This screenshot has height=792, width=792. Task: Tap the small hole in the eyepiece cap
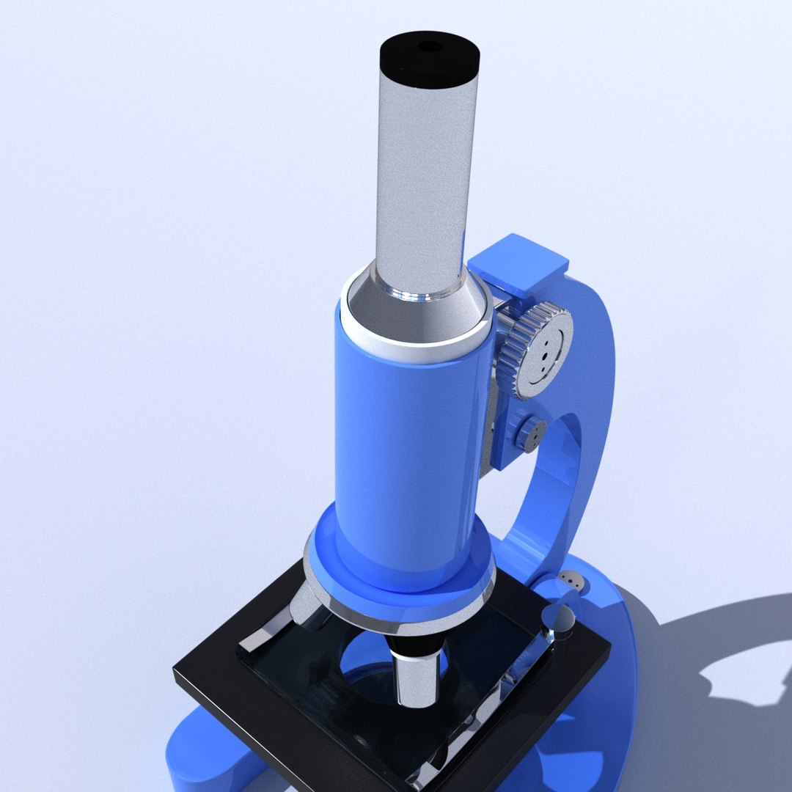tap(430, 46)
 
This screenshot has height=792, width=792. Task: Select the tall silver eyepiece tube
tap(421, 183)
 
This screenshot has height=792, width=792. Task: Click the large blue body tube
tap(411, 447)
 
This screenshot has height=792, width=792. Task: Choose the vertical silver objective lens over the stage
tap(417, 675)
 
